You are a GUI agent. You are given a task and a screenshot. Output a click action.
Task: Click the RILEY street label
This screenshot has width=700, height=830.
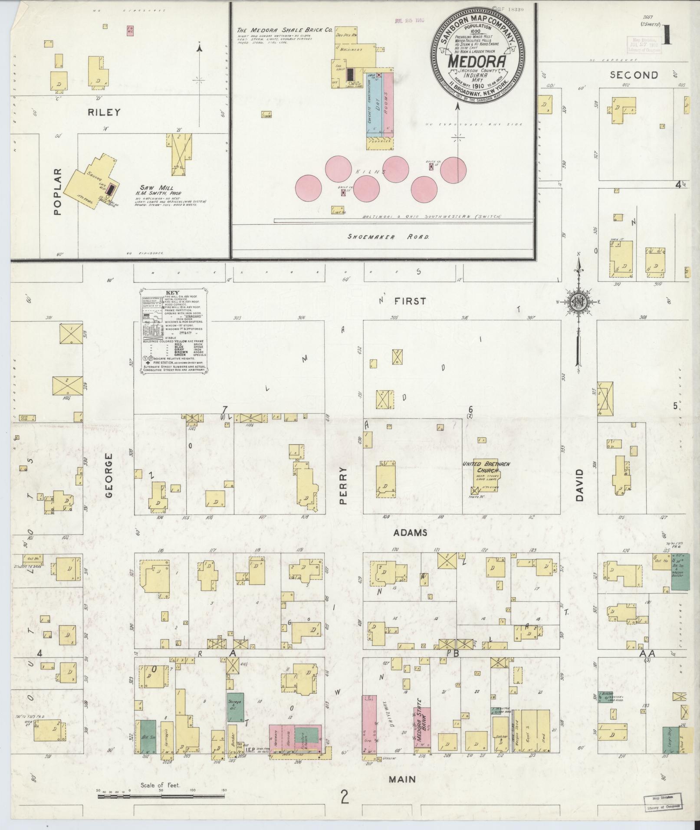[104, 112]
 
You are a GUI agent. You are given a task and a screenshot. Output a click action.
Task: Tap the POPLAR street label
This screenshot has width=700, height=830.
[58, 191]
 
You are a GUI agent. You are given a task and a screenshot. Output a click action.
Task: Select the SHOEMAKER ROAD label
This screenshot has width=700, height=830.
[388, 237]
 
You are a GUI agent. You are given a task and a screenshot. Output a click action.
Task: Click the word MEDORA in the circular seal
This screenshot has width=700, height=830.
[477, 61]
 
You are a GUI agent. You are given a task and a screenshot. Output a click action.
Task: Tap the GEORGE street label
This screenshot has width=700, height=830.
[109, 475]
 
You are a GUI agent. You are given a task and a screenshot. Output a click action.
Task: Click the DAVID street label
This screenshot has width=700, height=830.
[579, 485]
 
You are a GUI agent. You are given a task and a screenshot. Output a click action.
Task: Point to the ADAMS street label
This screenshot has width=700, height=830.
[410, 532]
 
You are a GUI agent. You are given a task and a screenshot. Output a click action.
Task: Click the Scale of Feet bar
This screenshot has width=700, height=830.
[161, 795]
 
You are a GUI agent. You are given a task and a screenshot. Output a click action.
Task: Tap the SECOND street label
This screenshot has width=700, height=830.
[634, 75]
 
